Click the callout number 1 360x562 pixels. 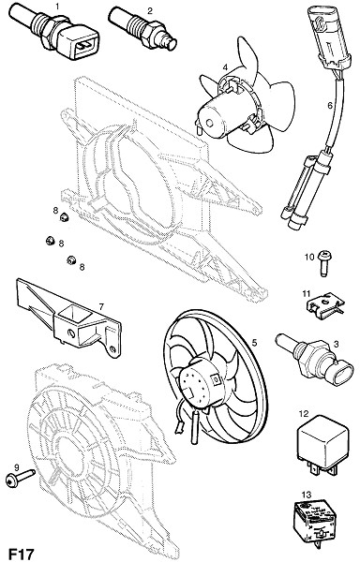[x=56, y=6]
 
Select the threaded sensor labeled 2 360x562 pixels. [x=142, y=29]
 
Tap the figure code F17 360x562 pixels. [x=22, y=554]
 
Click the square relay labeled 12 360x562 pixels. [x=322, y=445]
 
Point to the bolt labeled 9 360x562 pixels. [x=20, y=478]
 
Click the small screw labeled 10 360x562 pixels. [x=324, y=263]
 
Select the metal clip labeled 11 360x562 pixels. [x=325, y=305]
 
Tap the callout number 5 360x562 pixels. [x=254, y=343]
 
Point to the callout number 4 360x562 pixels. [x=225, y=67]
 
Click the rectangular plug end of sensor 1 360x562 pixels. [x=81, y=42]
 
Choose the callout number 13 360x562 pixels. [x=307, y=495]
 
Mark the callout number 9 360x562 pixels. [x=16, y=466]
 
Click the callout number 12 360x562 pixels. [x=304, y=414]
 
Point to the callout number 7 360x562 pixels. [x=101, y=306]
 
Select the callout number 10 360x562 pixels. [x=309, y=257]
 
